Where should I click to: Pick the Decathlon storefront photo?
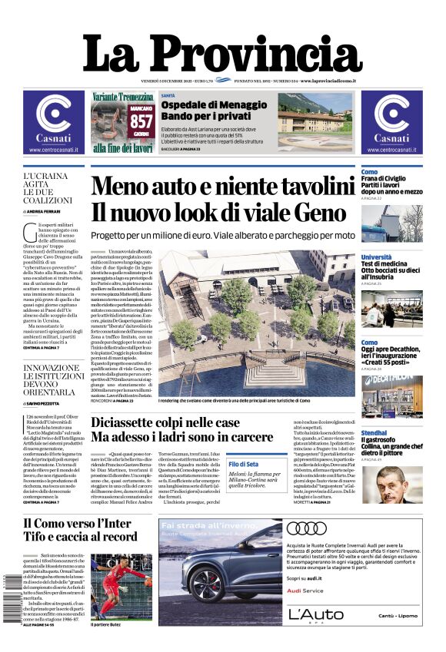[392, 392]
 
